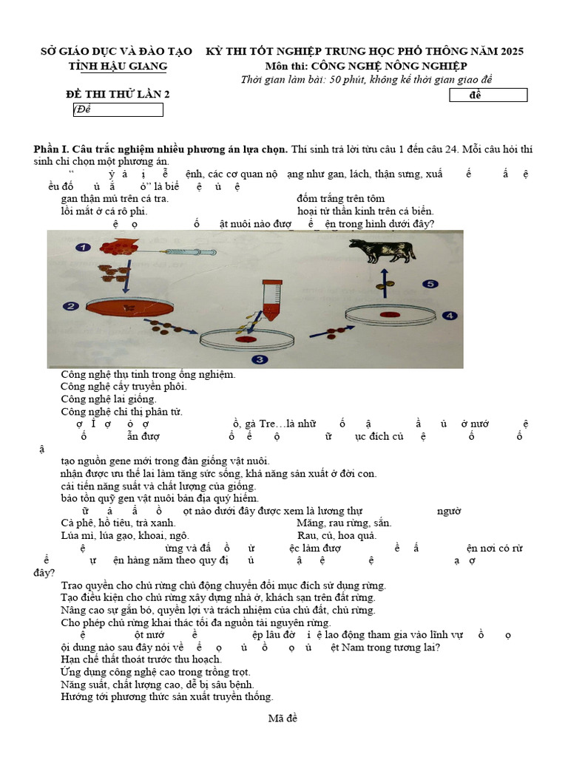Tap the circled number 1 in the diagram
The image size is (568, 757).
pyautogui.click(x=84, y=248)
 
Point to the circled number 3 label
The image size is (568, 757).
pyautogui.click(x=259, y=360)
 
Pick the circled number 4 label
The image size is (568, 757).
pyautogui.click(x=449, y=316)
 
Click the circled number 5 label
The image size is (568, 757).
pyautogui.click(x=432, y=284)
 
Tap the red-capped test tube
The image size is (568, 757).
pyautogui.click(x=269, y=299)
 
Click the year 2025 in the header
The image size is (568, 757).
pyautogui.click(x=511, y=51)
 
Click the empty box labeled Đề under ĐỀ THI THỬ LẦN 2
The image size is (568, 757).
pyautogui.click(x=118, y=109)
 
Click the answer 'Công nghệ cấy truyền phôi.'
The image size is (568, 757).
pyautogui.click(x=124, y=387)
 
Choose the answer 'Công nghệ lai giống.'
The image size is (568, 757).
pyautogui.click(x=109, y=399)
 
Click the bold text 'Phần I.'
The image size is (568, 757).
pyautogui.click(x=53, y=149)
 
